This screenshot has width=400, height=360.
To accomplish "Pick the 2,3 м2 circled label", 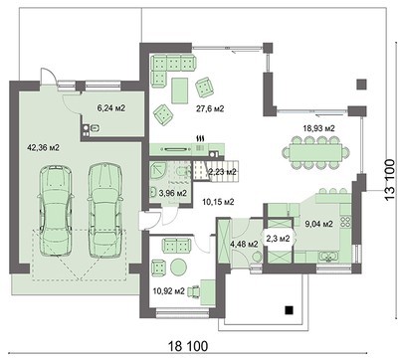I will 275,239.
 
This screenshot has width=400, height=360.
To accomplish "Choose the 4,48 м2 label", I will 242,240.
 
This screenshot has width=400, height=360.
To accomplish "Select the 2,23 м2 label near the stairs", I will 222,171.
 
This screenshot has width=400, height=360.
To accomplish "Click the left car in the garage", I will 56,209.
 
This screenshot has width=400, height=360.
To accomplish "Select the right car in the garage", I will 102,209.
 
